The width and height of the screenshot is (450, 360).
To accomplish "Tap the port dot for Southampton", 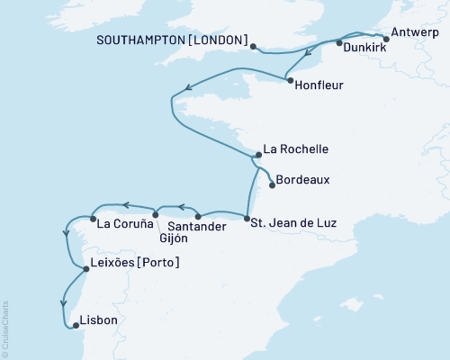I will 253,47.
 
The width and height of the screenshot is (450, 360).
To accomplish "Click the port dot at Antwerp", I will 385,38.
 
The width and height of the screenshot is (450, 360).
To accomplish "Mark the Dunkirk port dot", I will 338,42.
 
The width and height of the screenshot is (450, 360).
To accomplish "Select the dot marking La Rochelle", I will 256,156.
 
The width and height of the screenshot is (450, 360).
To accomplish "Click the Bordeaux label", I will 302,180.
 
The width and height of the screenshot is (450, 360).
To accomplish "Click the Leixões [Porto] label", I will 136,263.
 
